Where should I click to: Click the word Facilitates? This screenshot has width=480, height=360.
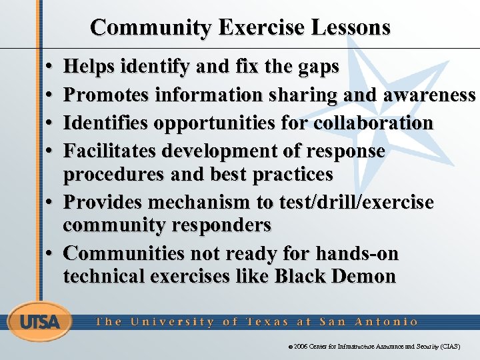(113, 151)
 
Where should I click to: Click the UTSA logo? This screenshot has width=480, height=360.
(39, 322)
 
